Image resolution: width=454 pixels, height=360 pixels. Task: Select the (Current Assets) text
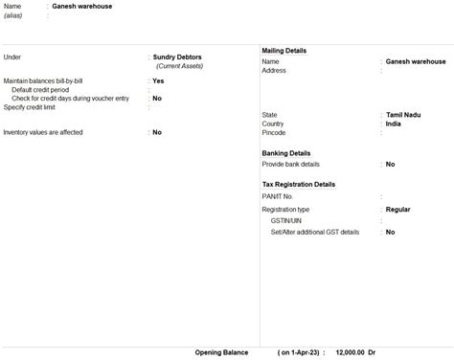[184, 66]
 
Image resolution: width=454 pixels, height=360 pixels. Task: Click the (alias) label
[13, 15]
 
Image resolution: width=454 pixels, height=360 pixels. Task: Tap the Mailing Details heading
[284, 50]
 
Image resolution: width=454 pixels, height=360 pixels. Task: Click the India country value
[394, 124]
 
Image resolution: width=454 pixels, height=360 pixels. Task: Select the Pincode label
[276, 133]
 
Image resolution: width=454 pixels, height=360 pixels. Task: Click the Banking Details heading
[286, 153]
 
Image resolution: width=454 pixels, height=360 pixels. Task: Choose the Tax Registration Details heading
[299, 184]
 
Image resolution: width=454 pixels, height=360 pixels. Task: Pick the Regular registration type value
[399, 209]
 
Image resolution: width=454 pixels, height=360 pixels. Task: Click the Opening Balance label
[221, 352]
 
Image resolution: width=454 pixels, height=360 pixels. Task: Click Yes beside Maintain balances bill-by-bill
[158, 81]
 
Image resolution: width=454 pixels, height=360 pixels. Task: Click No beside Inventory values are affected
[157, 132]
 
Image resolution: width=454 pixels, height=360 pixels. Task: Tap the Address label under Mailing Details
[275, 70]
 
